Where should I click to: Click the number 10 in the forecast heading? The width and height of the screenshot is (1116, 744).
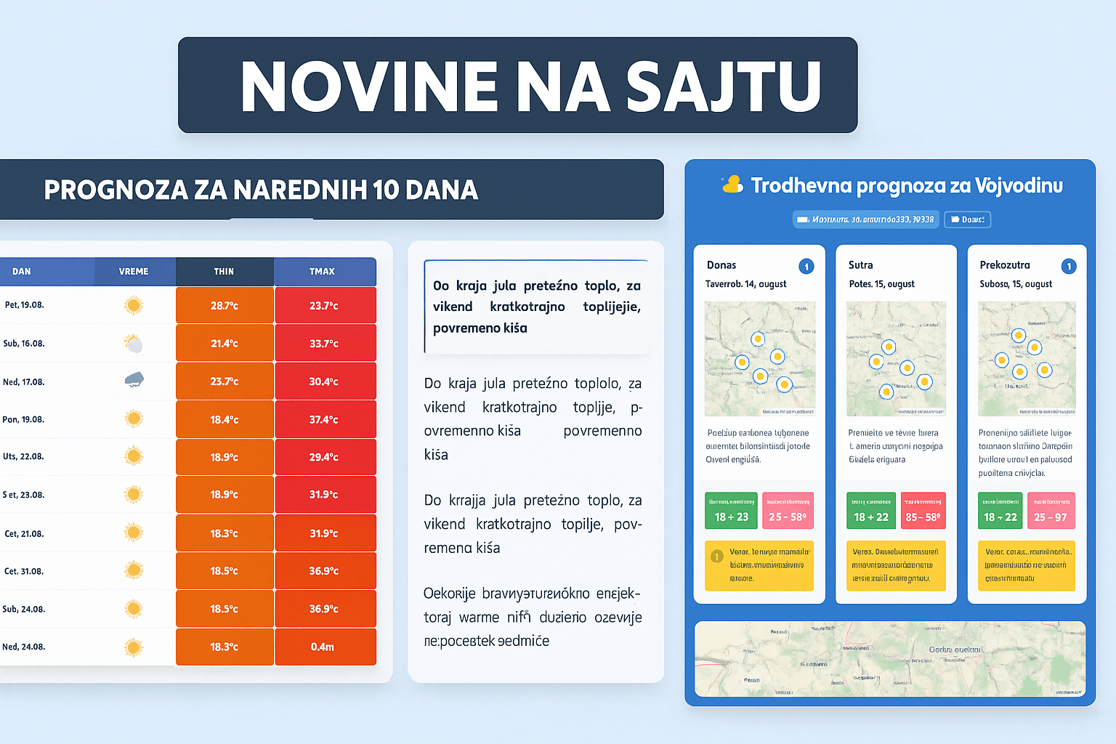coord(385,190)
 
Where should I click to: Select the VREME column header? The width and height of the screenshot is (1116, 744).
coord(134,272)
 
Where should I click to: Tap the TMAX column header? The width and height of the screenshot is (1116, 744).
coord(322,272)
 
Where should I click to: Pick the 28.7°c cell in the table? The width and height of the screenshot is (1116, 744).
coord(225,306)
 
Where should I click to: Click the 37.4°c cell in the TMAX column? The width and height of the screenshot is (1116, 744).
coord(324,420)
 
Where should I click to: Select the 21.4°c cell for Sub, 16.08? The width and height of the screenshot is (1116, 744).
coord(225,344)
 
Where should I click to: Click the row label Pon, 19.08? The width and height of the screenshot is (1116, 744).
coord(23,420)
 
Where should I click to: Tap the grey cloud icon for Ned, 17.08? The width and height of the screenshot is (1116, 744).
coord(134,379)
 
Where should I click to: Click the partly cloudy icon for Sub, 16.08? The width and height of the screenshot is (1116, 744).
coord(134,343)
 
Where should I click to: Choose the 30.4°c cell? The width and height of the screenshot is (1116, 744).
coord(324,381)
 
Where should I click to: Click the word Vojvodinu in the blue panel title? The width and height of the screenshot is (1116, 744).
coord(1018,186)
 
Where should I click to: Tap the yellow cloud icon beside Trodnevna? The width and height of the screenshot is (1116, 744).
coord(732,185)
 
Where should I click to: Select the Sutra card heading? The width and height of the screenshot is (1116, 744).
coord(861,265)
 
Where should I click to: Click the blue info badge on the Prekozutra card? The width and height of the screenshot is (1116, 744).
coord(1069,266)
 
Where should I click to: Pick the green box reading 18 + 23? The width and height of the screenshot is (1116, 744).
coord(732,511)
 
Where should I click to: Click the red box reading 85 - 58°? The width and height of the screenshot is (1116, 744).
coord(923,511)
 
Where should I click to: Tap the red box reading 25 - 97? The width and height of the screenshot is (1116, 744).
coord(1051,511)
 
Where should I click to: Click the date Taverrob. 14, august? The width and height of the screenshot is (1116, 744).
coord(745,284)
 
